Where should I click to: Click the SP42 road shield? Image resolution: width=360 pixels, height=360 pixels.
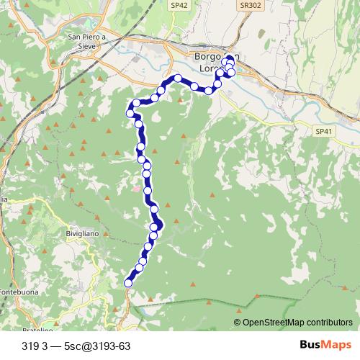click(179, 4)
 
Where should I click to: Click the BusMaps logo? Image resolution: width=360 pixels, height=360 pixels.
click(321, 346)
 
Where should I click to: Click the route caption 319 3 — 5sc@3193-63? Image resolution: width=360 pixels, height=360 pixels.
click(71, 346)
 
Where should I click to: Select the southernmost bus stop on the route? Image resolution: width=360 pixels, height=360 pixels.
click(129, 283)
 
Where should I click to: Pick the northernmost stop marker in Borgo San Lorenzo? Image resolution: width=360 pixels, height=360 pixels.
click(230, 59)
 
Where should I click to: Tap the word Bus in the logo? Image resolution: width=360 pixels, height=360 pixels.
click(310, 346)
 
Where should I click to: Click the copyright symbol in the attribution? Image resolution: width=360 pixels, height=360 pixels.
click(237, 323)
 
